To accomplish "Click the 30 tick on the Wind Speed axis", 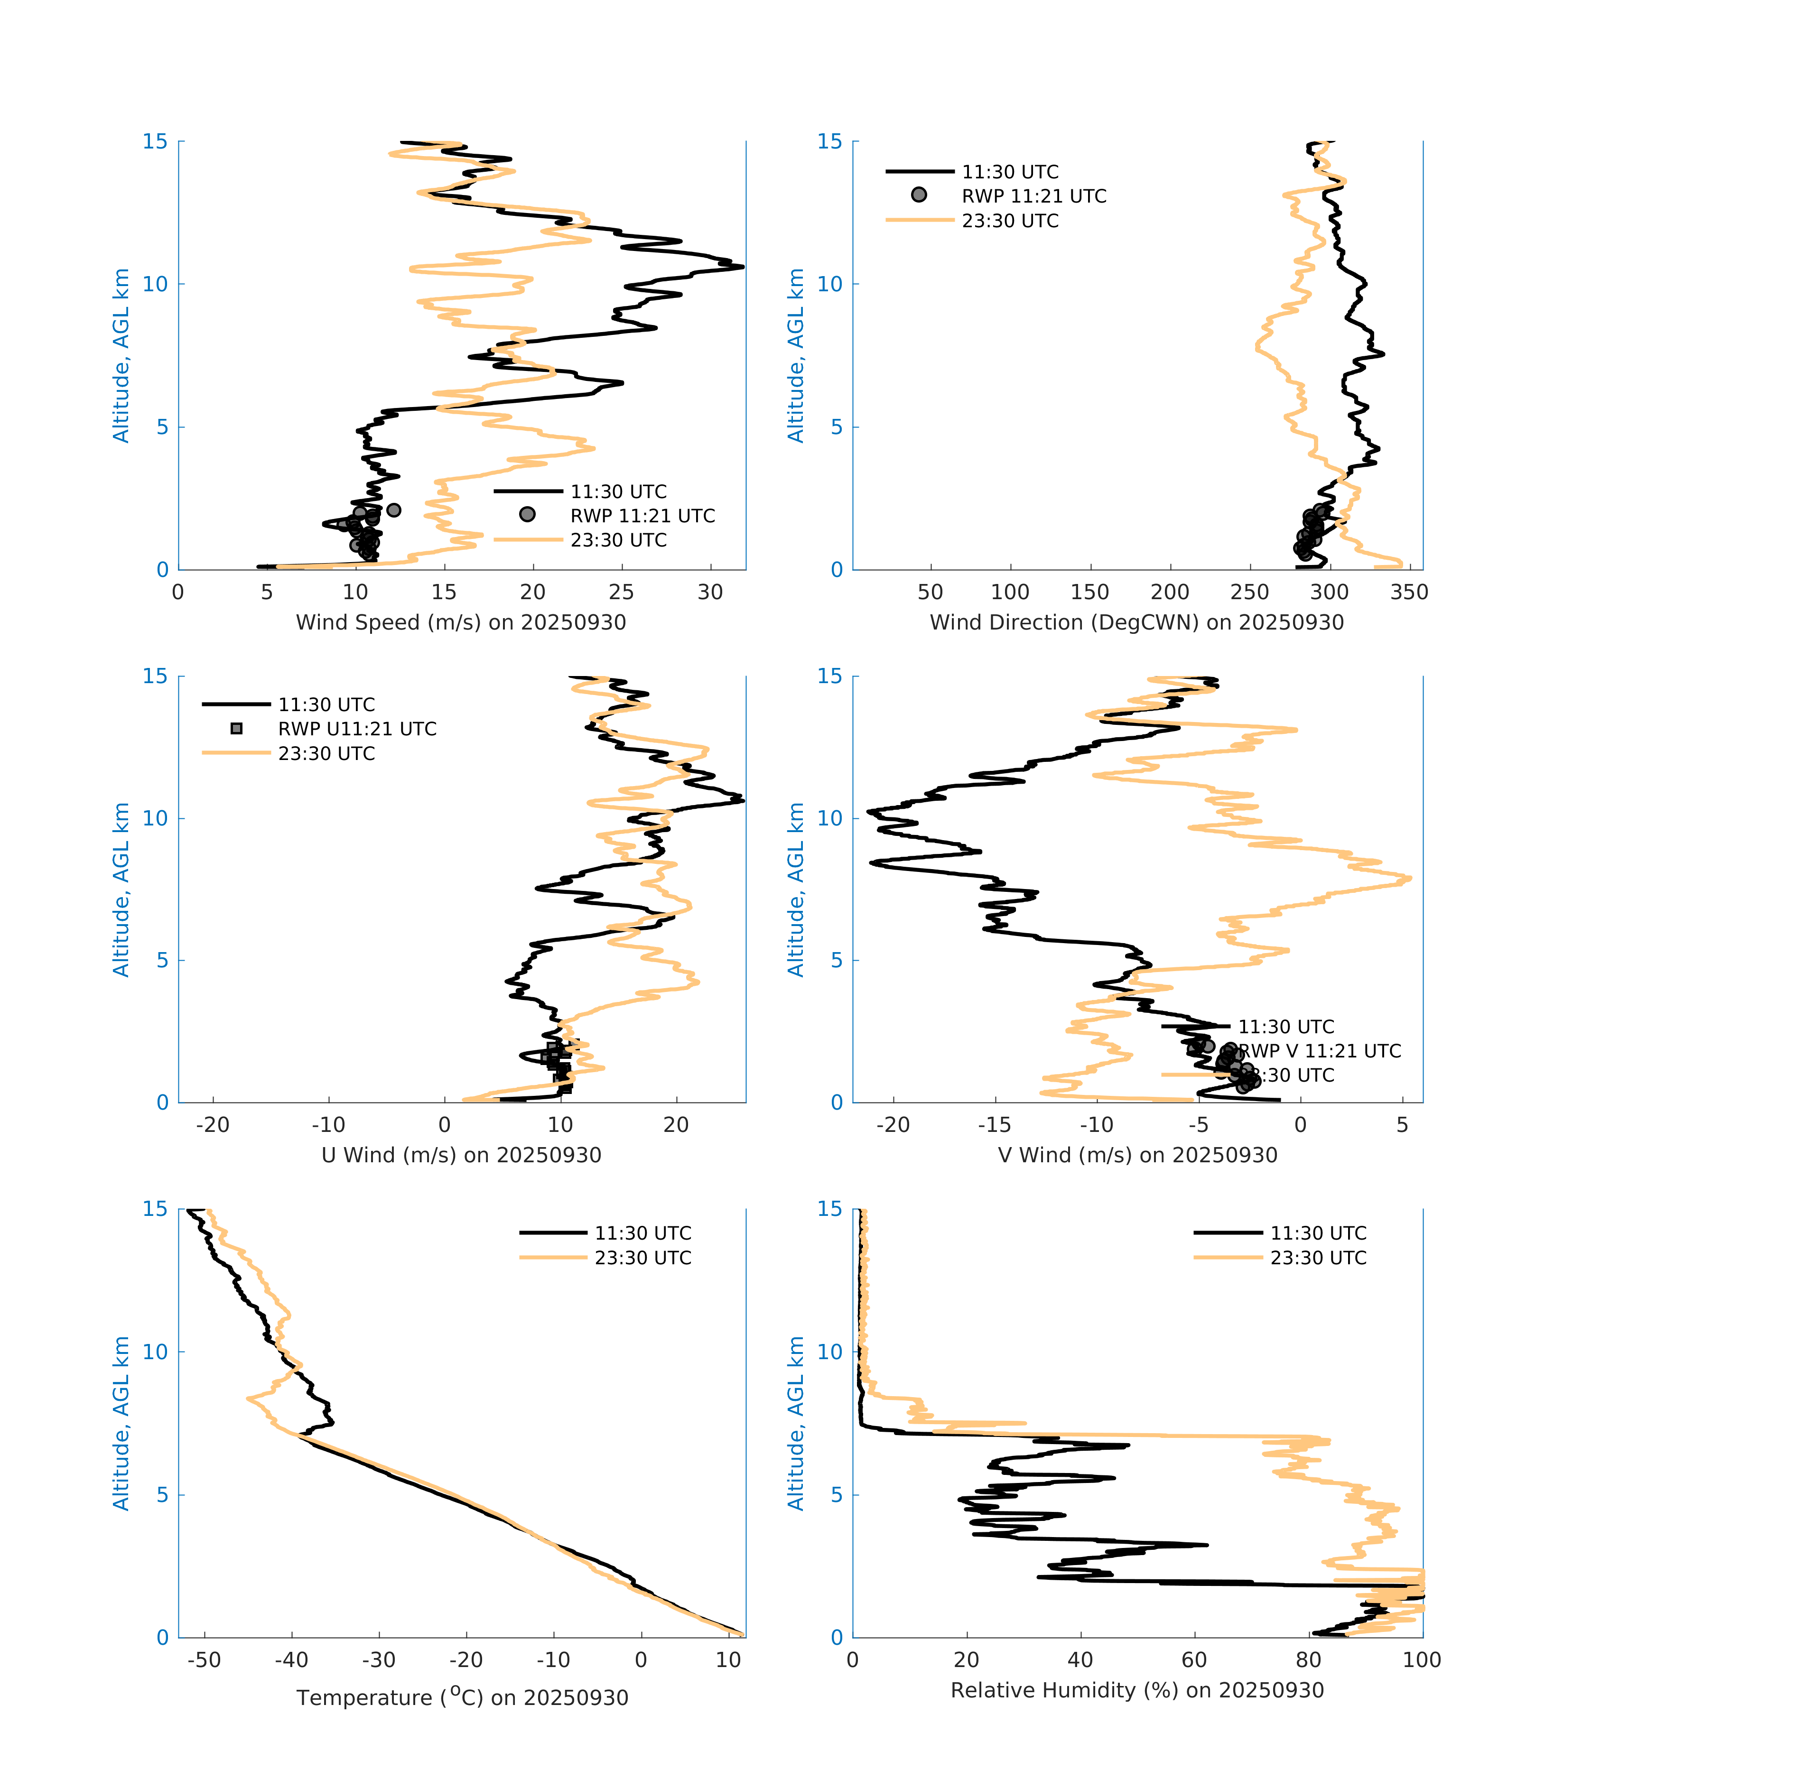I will click(x=710, y=593).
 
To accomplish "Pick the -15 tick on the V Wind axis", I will click(x=995, y=1125).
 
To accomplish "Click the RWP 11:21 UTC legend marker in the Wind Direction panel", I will click(x=919, y=195).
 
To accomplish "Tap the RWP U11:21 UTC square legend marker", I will click(x=236, y=729).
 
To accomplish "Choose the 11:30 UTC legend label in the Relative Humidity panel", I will click(x=1318, y=1233).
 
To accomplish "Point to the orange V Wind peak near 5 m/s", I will click(x=1408, y=878).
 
